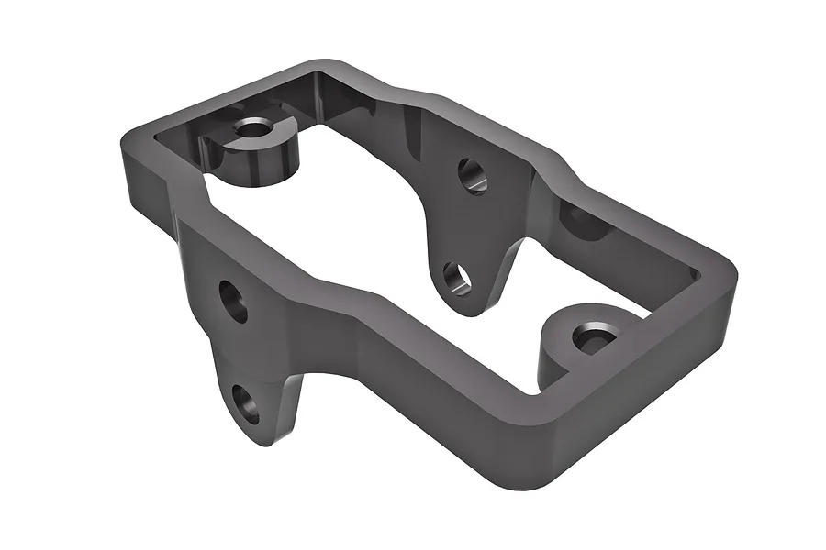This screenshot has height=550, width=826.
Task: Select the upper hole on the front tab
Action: pyautogui.click(x=233, y=301)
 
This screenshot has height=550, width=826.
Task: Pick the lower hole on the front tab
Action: pyautogui.click(x=245, y=403)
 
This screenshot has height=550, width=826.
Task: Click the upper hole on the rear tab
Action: pyautogui.click(x=473, y=175)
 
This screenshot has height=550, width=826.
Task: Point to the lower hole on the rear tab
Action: pyautogui.click(x=456, y=278)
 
